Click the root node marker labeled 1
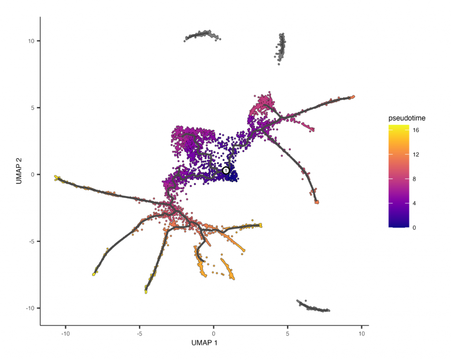[x=226, y=170]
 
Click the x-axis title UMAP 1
[x=204, y=342]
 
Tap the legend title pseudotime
[x=406, y=118]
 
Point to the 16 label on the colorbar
[x=416, y=131]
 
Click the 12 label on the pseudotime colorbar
[x=416, y=155]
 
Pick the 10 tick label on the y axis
[x=32, y=41]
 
